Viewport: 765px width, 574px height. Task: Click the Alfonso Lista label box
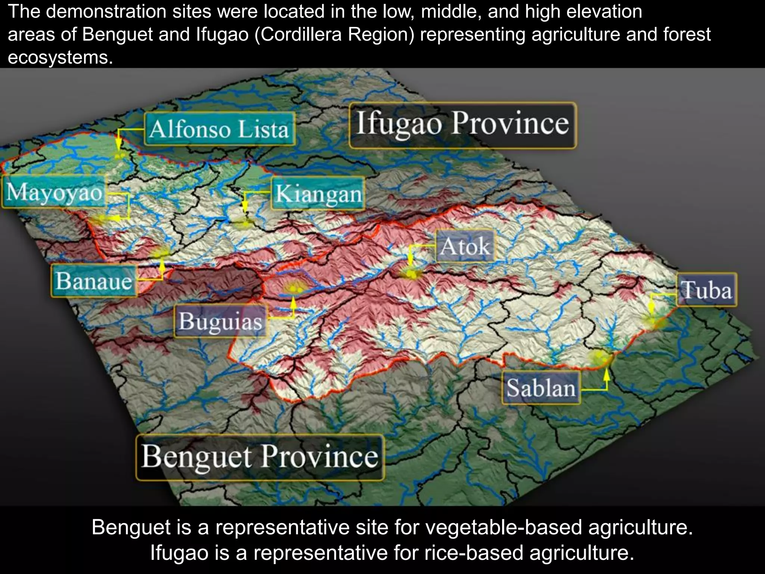coord(220,129)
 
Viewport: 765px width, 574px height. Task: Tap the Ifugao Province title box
coord(462,125)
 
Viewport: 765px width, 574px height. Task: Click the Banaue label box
coord(93,281)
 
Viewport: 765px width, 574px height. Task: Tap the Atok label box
coord(465,247)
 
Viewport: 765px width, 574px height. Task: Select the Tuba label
coord(706,290)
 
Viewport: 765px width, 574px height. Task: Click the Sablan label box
coord(541,388)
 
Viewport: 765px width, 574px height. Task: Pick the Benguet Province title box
coord(260,457)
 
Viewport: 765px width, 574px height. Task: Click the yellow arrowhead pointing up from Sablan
coord(607,374)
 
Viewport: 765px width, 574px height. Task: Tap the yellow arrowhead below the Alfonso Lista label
coord(118,145)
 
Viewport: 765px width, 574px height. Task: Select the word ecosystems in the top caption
coord(60,58)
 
